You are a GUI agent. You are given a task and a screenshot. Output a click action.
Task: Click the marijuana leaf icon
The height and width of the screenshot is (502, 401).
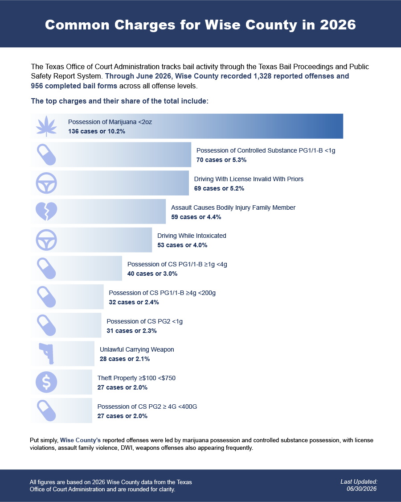46,126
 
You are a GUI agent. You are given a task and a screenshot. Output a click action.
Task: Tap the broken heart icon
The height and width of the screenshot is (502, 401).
46,212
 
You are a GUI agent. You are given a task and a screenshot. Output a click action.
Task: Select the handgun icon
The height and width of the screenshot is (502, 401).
47,353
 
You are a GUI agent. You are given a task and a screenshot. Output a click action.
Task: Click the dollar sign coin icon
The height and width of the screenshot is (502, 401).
46,382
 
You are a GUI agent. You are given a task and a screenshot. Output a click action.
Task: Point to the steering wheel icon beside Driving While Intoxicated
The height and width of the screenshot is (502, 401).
46,240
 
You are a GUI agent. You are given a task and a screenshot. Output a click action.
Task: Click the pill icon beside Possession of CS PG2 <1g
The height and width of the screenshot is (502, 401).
46,325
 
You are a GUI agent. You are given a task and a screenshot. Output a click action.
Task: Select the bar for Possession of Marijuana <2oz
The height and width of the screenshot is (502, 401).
187,126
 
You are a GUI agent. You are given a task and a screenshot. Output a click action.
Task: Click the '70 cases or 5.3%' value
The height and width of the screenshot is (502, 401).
221,160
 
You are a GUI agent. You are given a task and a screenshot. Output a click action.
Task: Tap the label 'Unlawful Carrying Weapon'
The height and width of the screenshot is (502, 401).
137,349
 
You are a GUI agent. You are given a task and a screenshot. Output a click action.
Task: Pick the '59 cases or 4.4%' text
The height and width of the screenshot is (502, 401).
196,217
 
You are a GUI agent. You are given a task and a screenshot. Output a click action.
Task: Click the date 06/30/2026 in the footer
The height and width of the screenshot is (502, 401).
362,489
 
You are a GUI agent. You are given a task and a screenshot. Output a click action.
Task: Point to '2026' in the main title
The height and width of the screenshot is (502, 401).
338,25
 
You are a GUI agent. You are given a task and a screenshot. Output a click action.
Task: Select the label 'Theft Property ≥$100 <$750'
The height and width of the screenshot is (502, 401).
136,378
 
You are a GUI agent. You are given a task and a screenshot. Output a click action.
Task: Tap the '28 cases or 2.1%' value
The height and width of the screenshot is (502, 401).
125,359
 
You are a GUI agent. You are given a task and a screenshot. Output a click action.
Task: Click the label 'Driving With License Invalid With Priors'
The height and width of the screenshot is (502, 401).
249,179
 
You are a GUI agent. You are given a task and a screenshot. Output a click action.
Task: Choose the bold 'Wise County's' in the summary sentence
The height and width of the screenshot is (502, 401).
80,440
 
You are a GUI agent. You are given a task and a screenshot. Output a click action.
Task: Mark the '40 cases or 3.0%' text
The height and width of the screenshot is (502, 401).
152,274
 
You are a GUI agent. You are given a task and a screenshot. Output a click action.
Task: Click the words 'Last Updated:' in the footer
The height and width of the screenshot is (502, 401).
359,481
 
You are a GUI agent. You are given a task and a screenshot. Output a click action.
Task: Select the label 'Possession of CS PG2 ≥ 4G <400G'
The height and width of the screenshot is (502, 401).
147,407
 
